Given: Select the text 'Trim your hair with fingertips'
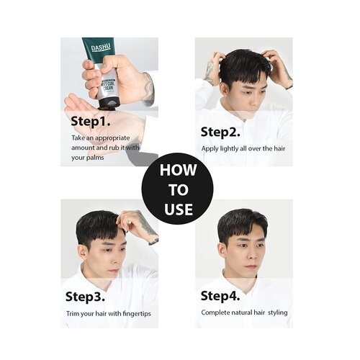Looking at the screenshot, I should pos(108,314).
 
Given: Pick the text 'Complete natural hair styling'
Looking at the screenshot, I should pos(243,314).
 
